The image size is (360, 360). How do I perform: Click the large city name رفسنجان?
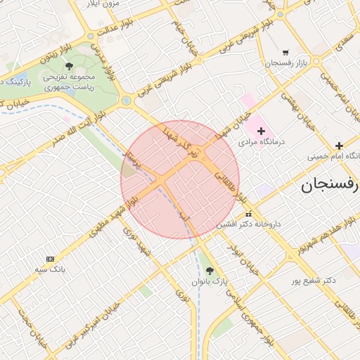click(330, 185)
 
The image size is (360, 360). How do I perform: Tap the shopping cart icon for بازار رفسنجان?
click(285, 52)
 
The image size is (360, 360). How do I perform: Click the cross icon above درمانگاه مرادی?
click(261, 130)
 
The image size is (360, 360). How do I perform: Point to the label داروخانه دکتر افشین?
click(248, 224)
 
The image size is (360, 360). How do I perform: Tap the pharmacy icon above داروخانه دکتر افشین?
click(247, 214)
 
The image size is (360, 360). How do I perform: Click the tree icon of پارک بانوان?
click(209, 271)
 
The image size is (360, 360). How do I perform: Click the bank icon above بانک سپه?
click(49, 259)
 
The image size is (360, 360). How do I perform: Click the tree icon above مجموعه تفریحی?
click(68, 66)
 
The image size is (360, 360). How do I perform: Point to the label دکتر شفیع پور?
click(314, 280)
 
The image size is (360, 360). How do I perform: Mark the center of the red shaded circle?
click(180, 179)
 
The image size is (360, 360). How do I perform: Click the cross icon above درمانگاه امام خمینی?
click(339, 145)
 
